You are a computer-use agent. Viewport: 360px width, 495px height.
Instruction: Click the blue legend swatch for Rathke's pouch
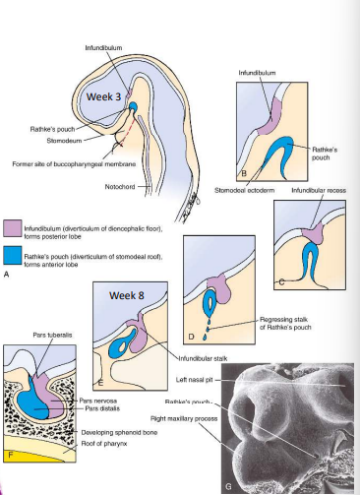pyautogui.click(x=12, y=254)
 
